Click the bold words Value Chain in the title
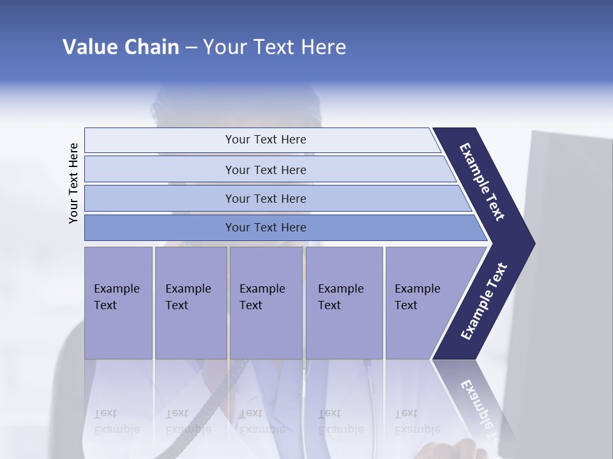tap(121, 47)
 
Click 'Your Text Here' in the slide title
tap(275, 47)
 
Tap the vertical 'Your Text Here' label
tap(73, 183)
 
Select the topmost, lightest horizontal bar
tap(265, 140)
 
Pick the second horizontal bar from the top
tap(265, 170)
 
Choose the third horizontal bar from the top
tap(265, 198)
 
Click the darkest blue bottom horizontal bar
tap(265, 228)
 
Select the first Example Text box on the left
tap(118, 303)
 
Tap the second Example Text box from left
tap(190, 303)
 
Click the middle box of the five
tap(266, 303)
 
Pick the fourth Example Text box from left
tap(344, 303)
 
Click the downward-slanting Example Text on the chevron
tap(482, 182)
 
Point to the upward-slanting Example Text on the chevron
tap(483, 302)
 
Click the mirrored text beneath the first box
tap(116, 421)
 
